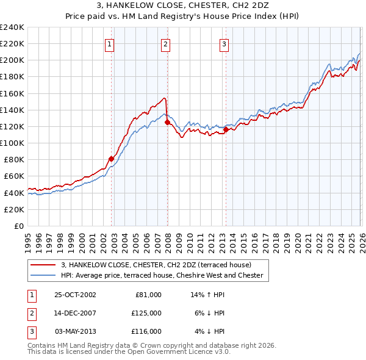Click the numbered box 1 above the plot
[109, 43]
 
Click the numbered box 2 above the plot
[165, 43]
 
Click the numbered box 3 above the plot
[224, 43]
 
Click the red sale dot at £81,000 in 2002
[112, 159]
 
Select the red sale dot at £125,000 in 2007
[167, 122]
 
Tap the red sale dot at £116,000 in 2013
[226, 129]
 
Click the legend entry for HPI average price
[162, 275]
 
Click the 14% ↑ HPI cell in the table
[208, 294]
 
